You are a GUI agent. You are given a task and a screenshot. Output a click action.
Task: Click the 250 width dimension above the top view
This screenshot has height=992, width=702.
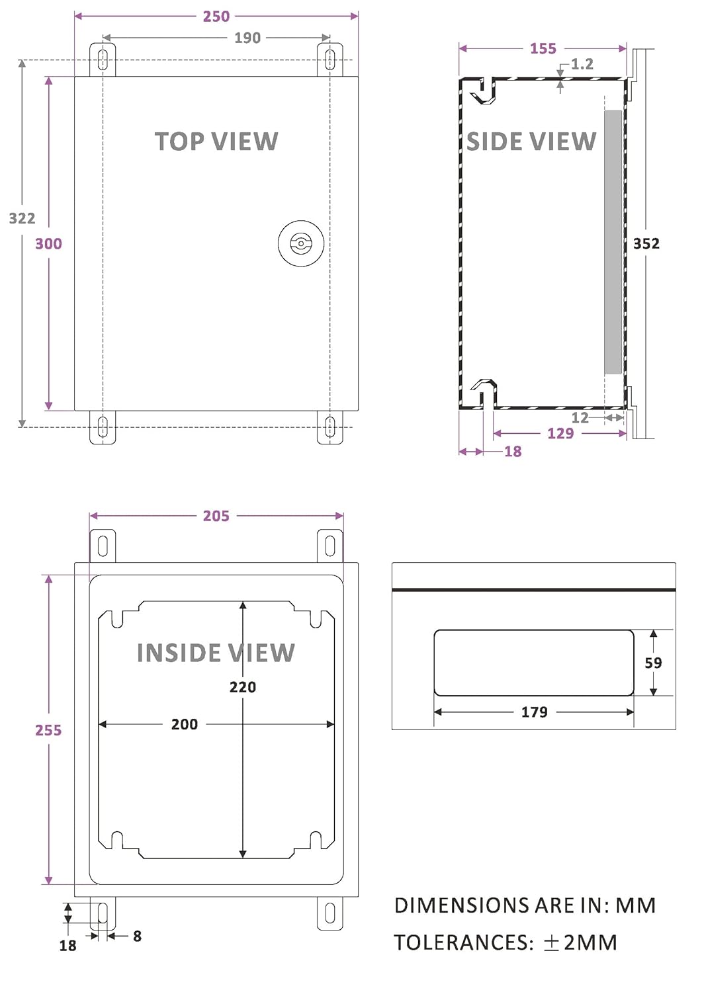[x=216, y=17]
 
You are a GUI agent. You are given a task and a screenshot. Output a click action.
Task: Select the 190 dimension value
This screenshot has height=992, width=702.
[x=247, y=38]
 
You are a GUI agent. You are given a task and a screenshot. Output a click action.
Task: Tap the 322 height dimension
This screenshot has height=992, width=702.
[x=22, y=218]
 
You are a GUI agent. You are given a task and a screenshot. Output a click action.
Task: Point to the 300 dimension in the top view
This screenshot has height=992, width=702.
[x=48, y=244]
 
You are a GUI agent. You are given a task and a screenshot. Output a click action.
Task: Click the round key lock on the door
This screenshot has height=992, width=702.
[x=301, y=243]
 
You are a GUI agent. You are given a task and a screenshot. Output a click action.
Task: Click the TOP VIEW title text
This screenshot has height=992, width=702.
[x=216, y=142]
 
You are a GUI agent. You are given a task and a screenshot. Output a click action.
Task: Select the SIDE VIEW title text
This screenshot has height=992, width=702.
[x=531, y=142]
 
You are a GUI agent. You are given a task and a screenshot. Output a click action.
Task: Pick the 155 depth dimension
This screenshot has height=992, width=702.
[x=543, y=49]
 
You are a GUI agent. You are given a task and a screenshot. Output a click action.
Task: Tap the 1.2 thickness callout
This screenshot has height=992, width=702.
[x=582, y=64]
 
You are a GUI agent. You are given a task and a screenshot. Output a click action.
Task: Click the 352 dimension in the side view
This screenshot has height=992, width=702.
[x=646, y=243]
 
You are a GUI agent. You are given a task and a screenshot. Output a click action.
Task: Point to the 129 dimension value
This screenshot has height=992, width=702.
[x=560, y=434]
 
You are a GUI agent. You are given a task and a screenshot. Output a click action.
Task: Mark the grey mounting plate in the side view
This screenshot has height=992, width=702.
[x=613, y=241]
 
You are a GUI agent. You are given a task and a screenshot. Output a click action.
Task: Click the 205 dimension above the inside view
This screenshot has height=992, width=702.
[x=216, y=516]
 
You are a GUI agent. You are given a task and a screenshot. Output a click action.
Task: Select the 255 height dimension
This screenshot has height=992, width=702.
[x=48, y=730]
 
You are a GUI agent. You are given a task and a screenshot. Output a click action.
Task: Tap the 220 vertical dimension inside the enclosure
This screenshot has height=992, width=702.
[x=243, y=687]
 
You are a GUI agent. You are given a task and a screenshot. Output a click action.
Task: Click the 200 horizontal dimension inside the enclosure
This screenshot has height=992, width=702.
[x=185, y=725]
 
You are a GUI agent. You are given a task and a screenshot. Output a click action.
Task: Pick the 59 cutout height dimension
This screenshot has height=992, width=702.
[x=653, y=663]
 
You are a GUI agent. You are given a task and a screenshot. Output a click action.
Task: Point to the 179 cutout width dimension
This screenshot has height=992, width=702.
[x=535, y=712]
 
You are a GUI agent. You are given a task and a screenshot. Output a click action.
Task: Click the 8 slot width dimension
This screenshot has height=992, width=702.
[x=137, y=936]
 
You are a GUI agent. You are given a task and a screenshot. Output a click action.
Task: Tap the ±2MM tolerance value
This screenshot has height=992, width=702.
[x=580, y=942]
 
